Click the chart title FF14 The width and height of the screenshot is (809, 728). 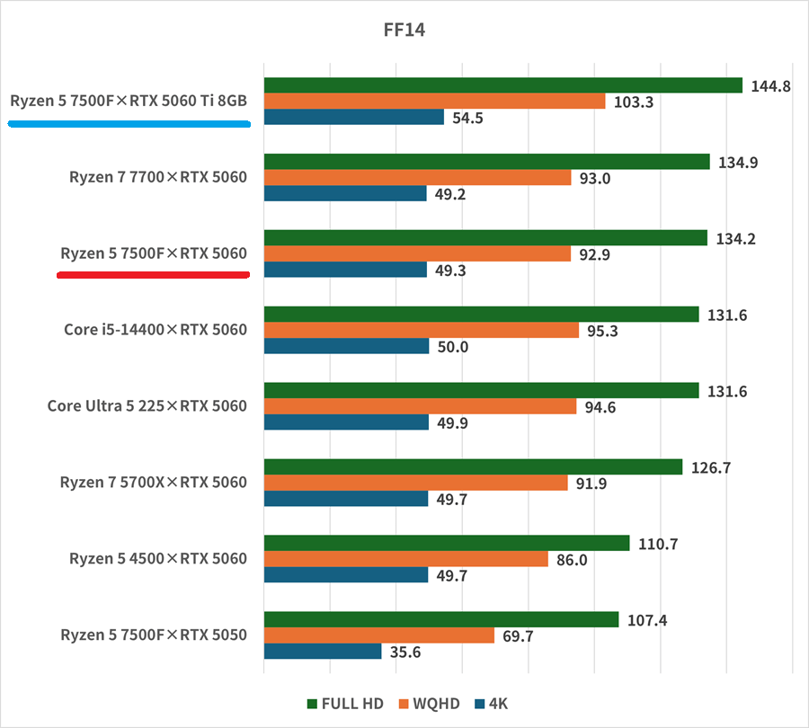point(404,31)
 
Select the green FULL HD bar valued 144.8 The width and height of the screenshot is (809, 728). point(502,85)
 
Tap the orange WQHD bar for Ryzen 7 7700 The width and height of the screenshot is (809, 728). point(417,178)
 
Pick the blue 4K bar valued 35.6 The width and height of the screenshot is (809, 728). point(323,652)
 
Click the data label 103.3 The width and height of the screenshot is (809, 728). point(634,102)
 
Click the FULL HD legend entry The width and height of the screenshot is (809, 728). point(345,703)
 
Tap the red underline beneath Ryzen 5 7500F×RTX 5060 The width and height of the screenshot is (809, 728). point(153,275)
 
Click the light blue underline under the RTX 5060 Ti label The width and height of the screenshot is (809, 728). point(129,125)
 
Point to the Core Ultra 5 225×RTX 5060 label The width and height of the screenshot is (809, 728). point(147,406)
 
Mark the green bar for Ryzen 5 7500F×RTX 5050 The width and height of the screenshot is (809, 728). point(440,620)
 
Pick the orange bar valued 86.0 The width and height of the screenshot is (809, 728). point(405,559)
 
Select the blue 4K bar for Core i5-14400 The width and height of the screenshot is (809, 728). point(346,346)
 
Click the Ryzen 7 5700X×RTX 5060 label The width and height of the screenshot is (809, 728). point(153,483)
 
